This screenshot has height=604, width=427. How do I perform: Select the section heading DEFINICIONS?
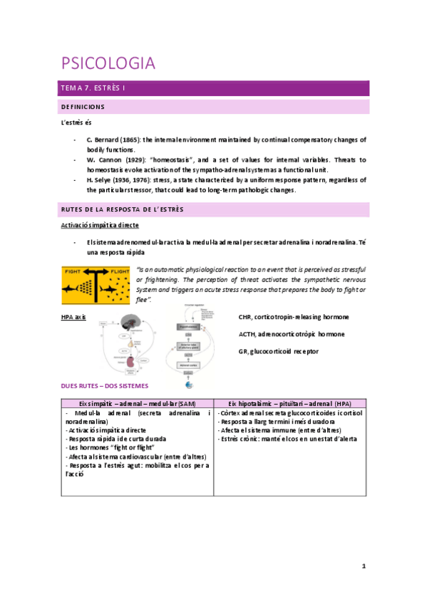coord(82,107)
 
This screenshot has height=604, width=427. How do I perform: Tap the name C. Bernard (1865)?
coord(113,140)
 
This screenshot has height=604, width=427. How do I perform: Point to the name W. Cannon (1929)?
coord(114,160)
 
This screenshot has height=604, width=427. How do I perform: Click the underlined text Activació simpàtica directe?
coord(98,225)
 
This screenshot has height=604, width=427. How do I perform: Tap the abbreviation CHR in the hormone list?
coord(247,316)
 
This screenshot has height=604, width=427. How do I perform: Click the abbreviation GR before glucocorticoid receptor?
coord(243,351)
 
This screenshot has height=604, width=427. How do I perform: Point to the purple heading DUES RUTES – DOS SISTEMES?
coord(105,385)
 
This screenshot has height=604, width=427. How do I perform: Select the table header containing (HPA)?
coord(290,403)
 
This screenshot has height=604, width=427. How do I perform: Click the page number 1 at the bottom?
coord(364,566)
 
